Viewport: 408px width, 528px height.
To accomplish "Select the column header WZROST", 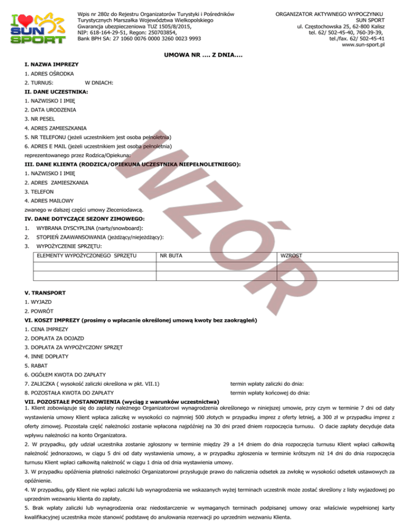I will tap(292, 256).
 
